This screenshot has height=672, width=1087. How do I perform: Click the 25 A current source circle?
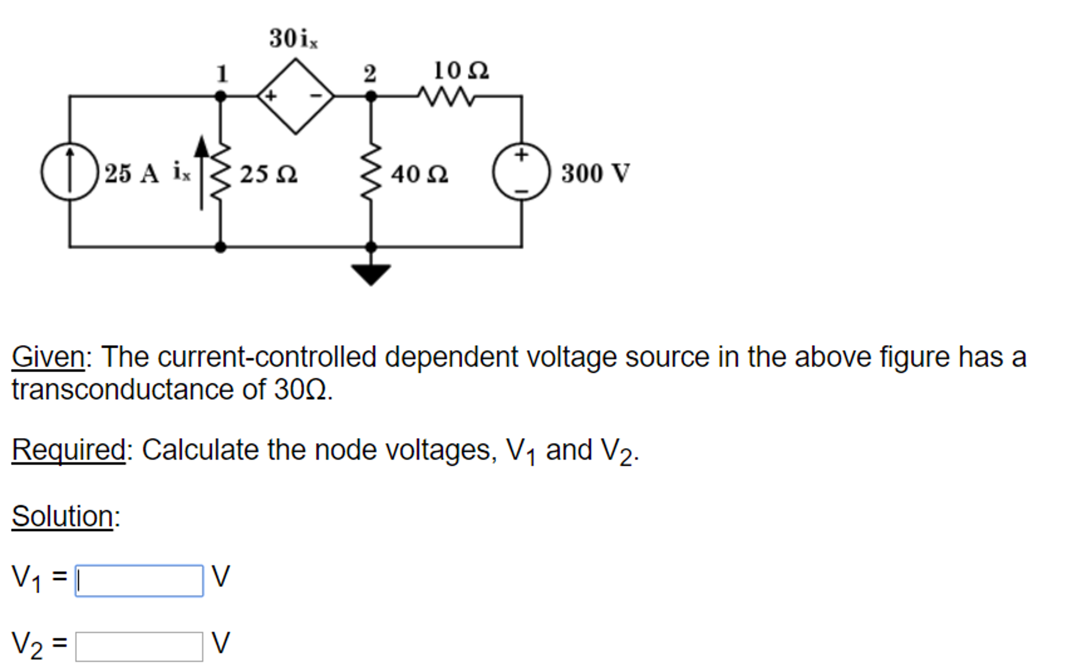click(x=70, y=172)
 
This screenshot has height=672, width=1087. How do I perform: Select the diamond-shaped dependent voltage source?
click(x=295, y=96)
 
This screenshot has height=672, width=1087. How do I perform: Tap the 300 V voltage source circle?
click(x=521, y=172)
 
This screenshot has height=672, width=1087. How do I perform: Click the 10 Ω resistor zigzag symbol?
click(x=445, y=97)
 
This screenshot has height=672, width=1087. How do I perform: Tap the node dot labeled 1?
click(x=220, y=97)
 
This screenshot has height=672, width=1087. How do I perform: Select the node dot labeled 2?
click(x=371, y=97)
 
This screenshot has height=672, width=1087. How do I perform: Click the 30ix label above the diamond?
click(x=293, y=39)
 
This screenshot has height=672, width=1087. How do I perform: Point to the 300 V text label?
click(x=595, y=173)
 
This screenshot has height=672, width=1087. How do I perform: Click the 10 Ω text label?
click(x=461, y=70)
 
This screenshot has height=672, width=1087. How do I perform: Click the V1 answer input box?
click(x=139, y=581)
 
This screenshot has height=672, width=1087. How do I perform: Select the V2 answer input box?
click(x=139, y=646)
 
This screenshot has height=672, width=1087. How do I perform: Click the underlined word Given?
click(x=48, y=357)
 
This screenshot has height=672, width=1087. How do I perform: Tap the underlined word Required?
click(x=69, y=450)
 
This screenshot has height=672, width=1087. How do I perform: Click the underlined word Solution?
click(x=62, y=516)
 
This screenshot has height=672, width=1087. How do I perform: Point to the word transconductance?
click(x=123, y=390)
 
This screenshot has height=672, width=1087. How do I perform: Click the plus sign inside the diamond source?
click(x=270, y=96)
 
